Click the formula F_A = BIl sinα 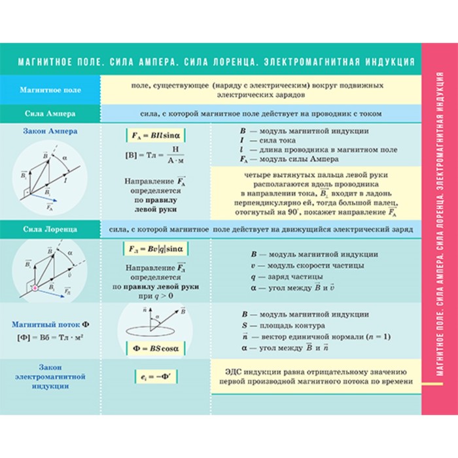(156, 136)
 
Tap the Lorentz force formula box (156, 249)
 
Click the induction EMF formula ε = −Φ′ (155, 376)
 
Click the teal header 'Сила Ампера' (50, 113)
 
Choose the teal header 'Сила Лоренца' (50, 229)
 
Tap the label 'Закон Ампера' (50, 131)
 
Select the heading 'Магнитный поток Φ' (50, 324)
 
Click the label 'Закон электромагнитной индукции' (50, 376)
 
